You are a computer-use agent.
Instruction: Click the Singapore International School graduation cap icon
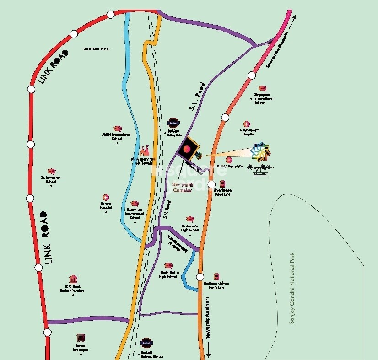click(262, 88)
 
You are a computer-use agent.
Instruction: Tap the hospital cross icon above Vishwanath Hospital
click(247, 124)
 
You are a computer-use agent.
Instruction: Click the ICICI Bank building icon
click(73, 279)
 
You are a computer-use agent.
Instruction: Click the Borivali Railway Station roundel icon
click(146, 342)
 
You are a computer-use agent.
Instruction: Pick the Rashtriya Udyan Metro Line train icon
click(216, 276)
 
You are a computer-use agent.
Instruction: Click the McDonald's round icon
click(229, 159)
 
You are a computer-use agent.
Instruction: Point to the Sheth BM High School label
click(168, 274)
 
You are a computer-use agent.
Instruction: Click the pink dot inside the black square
click(187, 148)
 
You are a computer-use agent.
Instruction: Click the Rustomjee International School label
click(135, 214)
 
